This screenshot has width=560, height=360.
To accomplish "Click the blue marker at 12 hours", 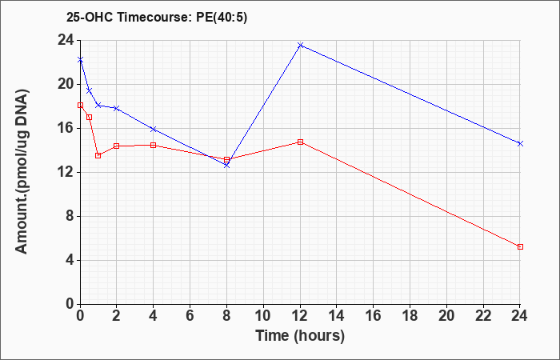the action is coord(300,45).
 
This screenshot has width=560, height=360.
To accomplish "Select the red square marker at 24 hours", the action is coord(520,246).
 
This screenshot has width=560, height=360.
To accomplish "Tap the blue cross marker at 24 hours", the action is coord(520,143).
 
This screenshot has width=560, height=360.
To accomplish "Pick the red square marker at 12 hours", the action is coord(300,142).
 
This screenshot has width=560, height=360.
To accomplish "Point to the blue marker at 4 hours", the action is coord(154,129).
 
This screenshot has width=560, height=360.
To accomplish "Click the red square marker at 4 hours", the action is coord(154,145).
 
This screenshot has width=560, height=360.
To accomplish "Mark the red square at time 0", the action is coord(80,105).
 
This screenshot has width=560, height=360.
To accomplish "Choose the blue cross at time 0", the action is coord(80,60).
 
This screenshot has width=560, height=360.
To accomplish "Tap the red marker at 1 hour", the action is coord(98,155).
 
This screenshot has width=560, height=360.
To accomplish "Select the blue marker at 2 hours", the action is coord(117,108).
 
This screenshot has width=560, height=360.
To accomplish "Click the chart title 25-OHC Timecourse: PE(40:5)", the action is coord(157,18).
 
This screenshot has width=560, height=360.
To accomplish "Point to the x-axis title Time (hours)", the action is coord(300,336).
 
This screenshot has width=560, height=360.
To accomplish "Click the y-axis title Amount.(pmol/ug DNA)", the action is coord(22,171).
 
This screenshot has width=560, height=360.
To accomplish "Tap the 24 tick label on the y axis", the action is coord(66,40).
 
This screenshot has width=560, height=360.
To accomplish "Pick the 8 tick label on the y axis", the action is coord(70,217).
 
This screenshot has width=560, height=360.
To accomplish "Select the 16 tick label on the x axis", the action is coord(373,316).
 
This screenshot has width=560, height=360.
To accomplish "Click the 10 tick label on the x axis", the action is coord(263,316).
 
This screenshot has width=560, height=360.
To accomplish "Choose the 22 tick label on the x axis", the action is coord(483,316).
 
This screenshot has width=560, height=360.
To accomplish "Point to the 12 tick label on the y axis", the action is coord(66,173).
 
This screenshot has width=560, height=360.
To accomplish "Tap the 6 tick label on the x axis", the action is coord(190,316).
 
